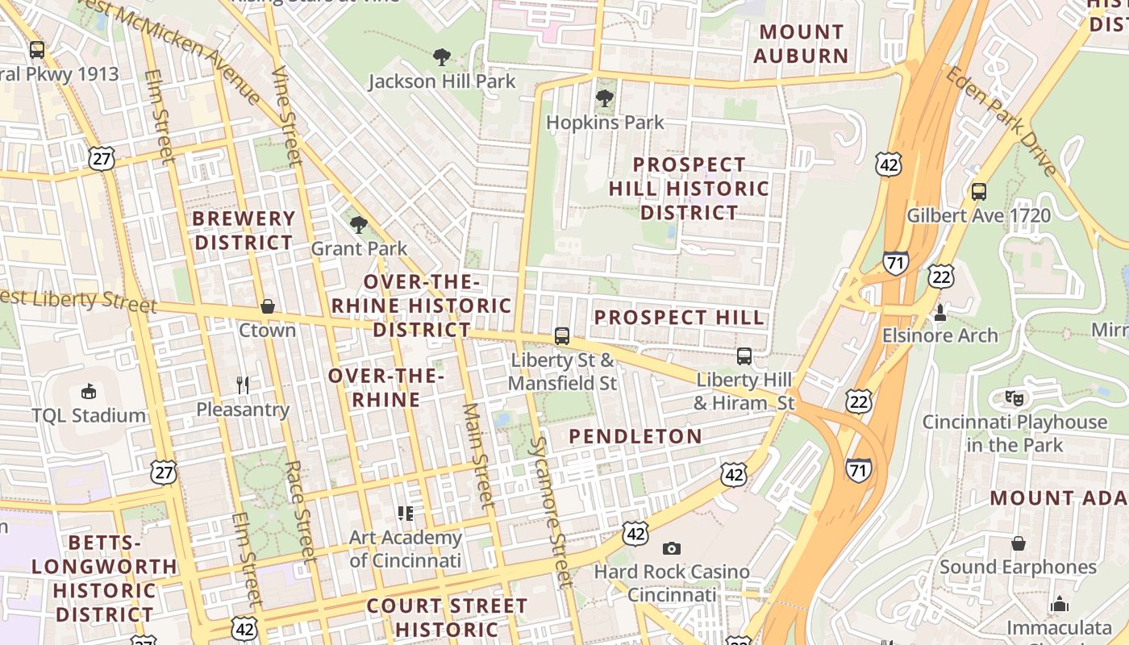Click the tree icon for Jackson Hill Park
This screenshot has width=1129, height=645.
pos(441,57)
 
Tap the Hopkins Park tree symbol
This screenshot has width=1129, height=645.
pos(604,98)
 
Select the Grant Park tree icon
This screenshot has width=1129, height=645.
pos(359,225)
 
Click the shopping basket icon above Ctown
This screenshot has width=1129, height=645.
pos(268,306)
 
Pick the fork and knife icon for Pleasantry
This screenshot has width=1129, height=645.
pos(243,385)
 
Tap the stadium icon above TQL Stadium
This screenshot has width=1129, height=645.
pos(89,392)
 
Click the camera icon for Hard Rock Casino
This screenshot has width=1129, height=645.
pos(671,548)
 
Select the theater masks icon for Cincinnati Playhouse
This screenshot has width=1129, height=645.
pos(1014,397)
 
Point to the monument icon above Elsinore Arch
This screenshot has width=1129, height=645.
pos(939,311)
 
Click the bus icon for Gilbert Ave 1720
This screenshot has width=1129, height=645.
pos(978,192)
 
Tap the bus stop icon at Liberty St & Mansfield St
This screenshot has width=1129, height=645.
pos(562,336)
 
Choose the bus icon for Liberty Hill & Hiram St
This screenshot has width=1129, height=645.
pos(744,356)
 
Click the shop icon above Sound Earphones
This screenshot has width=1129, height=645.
pos(1019,543)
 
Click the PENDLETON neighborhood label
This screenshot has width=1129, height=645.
pos(635,436)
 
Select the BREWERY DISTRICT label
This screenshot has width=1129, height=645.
pos(244,231)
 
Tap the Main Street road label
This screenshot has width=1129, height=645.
pos(477,456)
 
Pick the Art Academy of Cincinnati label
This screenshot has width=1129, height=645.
pos(406,548)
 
